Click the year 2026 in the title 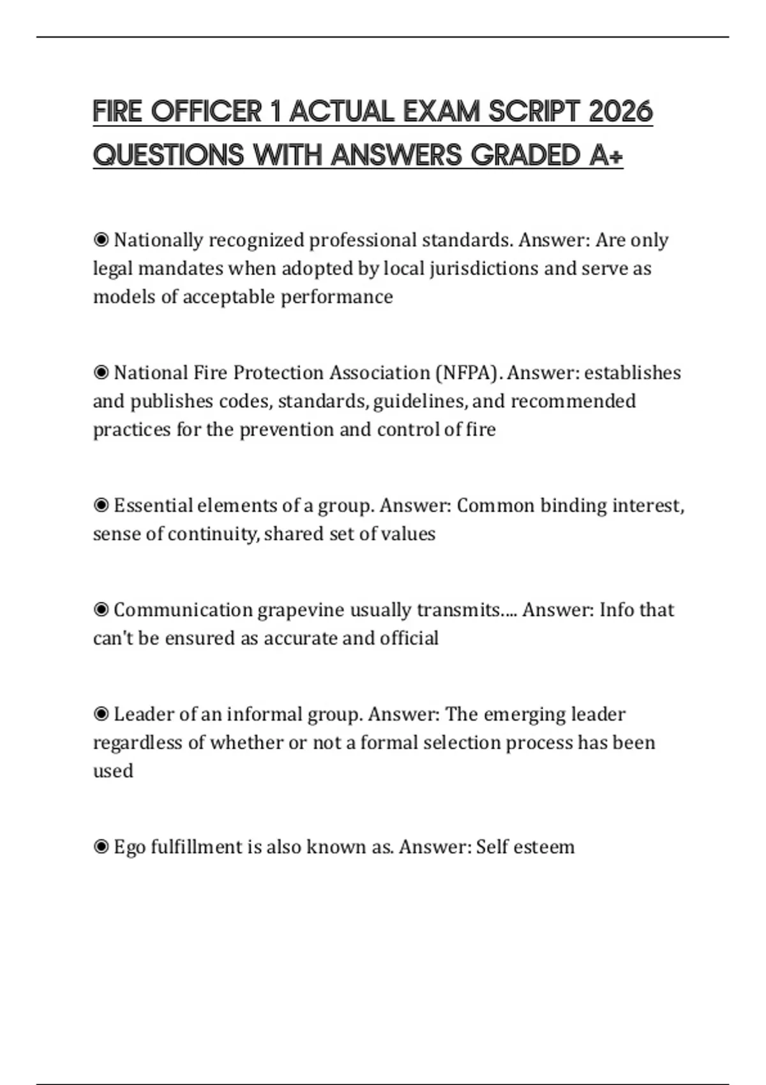620,112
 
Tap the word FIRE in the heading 117,112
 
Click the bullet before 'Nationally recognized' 101,240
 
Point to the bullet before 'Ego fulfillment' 101,847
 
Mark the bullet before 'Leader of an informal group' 101,714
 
